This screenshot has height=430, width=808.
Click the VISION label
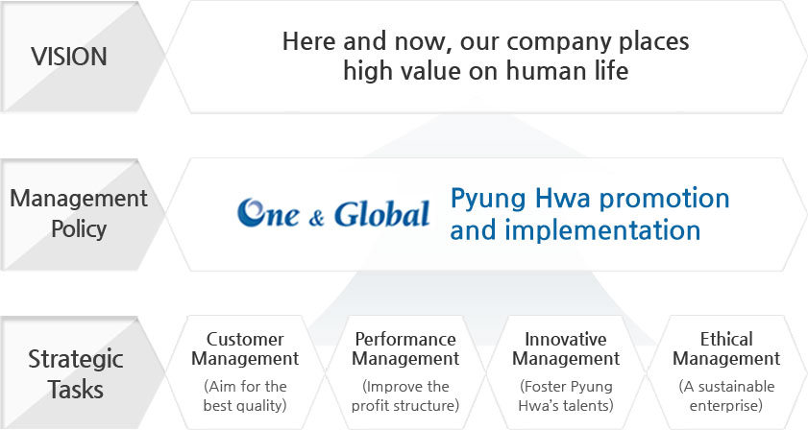(69, 56)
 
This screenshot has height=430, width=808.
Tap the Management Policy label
(79, 213)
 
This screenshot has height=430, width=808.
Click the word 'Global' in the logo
(381, 214)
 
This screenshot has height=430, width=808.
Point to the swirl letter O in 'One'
(252, 212)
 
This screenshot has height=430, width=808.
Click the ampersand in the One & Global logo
(316, 218)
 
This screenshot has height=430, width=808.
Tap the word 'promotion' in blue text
(664, 200)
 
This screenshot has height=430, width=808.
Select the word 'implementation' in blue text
(602, 229)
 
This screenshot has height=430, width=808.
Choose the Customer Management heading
(245, 348)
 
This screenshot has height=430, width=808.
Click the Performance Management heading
(405, 348)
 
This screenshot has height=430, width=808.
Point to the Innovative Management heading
(566, 348)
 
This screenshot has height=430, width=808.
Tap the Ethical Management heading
(726, 348)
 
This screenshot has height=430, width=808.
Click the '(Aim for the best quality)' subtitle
(245, 396)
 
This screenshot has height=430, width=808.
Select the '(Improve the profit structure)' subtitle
(405, 396)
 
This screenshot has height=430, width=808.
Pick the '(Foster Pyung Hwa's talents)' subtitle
(566, 396)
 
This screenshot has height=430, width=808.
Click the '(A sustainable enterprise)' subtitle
(726, 396)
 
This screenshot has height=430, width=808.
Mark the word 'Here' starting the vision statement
(308, 41)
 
